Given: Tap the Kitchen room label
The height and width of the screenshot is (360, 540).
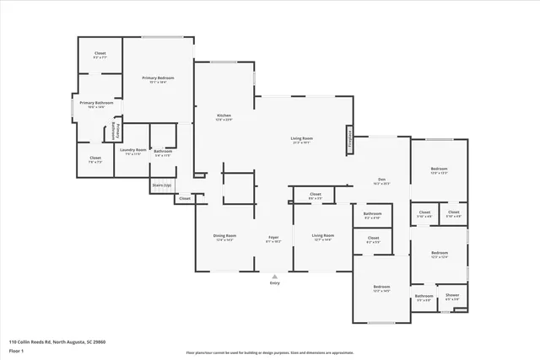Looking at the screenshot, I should [x=224, y=116].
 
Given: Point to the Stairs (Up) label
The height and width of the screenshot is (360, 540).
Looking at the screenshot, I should [x=161, y=184].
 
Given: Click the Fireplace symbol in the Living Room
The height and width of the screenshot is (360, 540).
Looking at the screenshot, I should [x=349, y=138].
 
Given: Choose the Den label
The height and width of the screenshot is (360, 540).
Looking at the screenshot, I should [x=381, y=180].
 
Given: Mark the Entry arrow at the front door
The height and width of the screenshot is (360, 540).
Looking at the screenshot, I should [x=274, y=277].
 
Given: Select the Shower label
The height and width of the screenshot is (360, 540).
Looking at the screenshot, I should [x=453, y=296].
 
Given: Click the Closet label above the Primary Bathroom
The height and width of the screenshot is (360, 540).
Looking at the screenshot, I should [x=99, y=55].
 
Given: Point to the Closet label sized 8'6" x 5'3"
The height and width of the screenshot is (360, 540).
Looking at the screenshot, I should [x=315, y=195].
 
